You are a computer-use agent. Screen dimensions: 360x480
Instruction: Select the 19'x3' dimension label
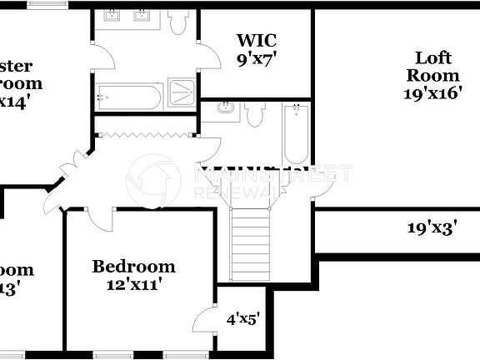[432, 227]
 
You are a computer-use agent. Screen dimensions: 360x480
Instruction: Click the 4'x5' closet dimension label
[243, 317]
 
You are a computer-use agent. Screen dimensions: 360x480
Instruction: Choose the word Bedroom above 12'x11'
[133, 267]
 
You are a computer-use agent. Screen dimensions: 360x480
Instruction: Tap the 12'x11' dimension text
[133, 284]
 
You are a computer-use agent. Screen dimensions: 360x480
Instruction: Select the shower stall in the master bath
[182, 91]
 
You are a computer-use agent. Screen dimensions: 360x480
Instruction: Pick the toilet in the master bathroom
[177, 22]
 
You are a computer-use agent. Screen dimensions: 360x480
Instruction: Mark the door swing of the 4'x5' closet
[202, 322]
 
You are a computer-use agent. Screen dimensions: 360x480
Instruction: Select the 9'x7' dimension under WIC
[256, 58]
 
